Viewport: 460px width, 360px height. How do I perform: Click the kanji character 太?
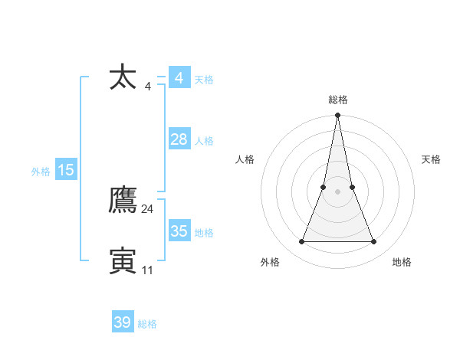coord(123,78)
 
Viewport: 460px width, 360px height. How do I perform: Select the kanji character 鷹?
coord(123,201)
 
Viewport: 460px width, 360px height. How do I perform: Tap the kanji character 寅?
coord(123,261)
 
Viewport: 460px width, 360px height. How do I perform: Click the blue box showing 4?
coord(179,78)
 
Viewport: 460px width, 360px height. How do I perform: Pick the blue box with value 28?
coord(179,139)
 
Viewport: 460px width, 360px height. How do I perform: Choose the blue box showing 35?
coord(179,231)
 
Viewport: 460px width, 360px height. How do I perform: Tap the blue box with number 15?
coord(66,170)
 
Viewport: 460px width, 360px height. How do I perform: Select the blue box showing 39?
coord(122,322)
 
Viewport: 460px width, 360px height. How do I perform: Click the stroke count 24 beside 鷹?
coord(148,208)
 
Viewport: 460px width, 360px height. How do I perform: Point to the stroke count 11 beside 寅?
coord(148,270)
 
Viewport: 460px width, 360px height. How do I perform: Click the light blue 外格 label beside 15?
coord(41,172)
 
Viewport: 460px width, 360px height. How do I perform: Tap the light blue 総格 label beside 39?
coord(147,324)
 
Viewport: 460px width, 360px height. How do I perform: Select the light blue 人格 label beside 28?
coord(204,141)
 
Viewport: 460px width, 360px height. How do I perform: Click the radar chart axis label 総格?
coord(338,100)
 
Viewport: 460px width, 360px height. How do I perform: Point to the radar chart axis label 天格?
coord(432,159)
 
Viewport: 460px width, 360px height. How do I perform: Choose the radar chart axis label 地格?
coord(402,262)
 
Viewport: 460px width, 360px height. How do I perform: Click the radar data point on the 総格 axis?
coord(338,116)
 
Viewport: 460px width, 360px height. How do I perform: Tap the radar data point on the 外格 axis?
coord(301,242)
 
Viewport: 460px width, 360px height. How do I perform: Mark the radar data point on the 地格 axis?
coord(374,242)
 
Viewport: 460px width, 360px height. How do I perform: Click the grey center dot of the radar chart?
coord(338,191)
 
